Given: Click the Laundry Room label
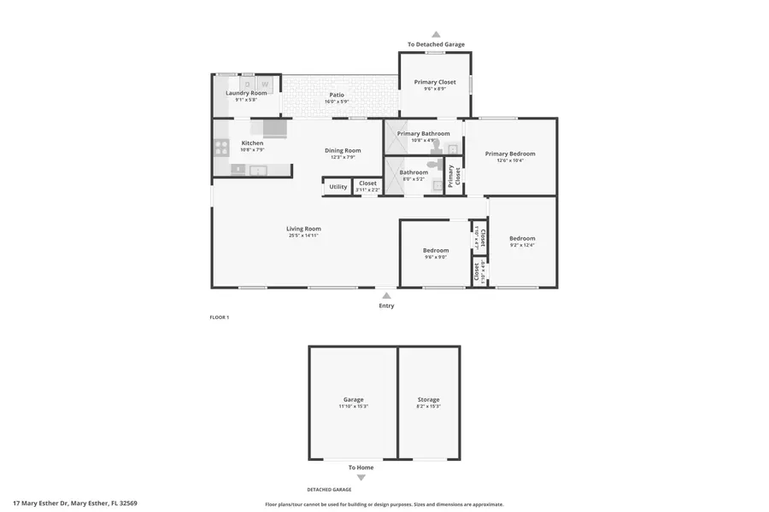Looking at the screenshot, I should point(246,93).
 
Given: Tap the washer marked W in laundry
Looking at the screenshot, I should point(265,84).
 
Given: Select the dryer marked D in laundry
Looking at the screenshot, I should point(248,84).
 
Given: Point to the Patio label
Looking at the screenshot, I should point(337,95).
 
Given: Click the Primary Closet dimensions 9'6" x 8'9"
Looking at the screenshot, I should point(435,89).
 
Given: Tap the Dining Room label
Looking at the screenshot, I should point(343,151).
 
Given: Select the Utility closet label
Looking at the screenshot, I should point(338,186).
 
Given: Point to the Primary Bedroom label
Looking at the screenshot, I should point(510,154).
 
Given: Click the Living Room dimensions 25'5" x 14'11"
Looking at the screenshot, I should point(303,236).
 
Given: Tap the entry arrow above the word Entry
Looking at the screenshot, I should point(386,295).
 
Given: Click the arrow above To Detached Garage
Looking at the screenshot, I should point(436,35).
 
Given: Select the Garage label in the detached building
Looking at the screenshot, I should point(353,399).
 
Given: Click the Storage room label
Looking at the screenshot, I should point(428,399).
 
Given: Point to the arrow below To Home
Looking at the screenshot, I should point(361,478).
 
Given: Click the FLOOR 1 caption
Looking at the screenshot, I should point(220,317).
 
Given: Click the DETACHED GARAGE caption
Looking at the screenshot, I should point(330,490).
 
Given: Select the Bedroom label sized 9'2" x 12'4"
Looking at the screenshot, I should point(522,238).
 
